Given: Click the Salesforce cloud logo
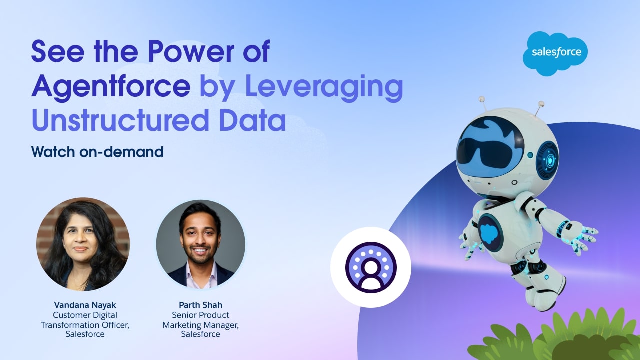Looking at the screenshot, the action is [x=555, y=53].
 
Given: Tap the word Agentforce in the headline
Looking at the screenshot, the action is [x=111, y=86].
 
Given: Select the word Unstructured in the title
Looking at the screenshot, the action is [x=120, y=120].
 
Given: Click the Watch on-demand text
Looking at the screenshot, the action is [x=97, y=152].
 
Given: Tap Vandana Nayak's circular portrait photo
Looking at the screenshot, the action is [x=83, y=244].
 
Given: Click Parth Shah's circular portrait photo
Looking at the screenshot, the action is [x=200, y=244].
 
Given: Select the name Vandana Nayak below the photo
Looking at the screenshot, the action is [x=85, y=305].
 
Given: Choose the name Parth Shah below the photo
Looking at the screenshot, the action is [x=200, y=305].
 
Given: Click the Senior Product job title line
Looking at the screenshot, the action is [x=200, y=315].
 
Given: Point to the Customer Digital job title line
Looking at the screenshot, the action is [x=85, y=315].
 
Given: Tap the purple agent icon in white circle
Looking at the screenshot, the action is [x=371, y=267].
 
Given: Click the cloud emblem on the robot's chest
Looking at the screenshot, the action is [x=489, y=233].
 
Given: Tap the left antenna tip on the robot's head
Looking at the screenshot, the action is [x=482, y=99].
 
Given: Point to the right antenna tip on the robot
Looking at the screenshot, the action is [x=541, y=104].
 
